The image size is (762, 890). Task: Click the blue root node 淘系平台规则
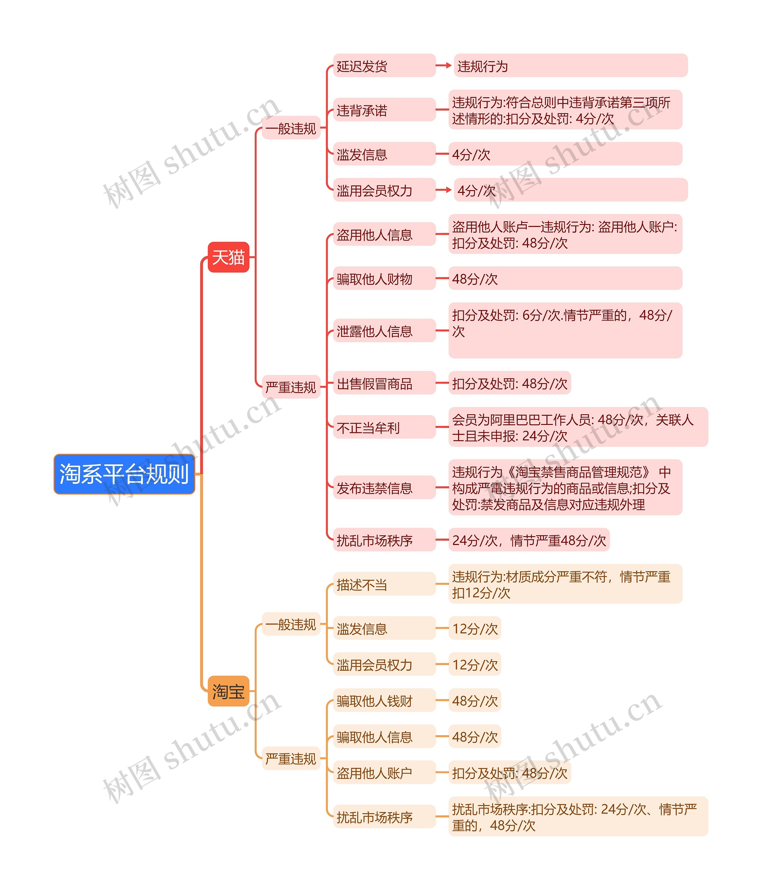coord(124,474)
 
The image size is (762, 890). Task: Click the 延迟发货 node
coord(384,66)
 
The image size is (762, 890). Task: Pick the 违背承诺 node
coord(384,110)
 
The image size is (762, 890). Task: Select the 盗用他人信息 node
coord(384,234)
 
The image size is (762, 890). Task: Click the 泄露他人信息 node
coord(384,331)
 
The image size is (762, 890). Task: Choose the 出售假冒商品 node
coord(384,383)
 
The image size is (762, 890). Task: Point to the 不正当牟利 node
coord(384,427)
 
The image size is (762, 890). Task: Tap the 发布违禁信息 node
coord(384,487)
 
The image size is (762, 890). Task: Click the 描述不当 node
coord(384,584)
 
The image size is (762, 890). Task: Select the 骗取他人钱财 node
coord(384,700)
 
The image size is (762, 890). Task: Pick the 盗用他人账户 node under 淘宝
coord(384,773)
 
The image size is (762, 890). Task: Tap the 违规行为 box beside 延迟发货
coord(570,66)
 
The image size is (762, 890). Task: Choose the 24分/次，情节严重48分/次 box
coord(529,540)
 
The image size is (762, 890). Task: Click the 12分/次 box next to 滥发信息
coord(474,628)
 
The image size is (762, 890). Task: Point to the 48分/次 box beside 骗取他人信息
coord(474,737)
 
